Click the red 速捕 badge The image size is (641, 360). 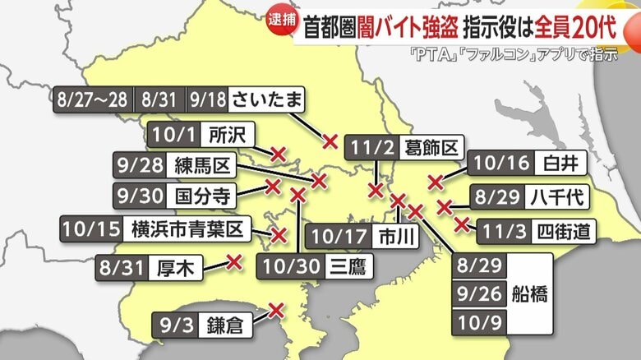tap(282, 21)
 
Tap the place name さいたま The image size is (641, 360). tap(268, 99)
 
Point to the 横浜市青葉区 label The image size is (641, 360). tap(188, 228)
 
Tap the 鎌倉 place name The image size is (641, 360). tap(223, 325)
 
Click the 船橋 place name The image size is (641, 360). tap(536, 293)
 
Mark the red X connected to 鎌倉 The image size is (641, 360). tap(277, 310)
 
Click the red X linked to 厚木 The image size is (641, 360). tap(234, 262)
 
